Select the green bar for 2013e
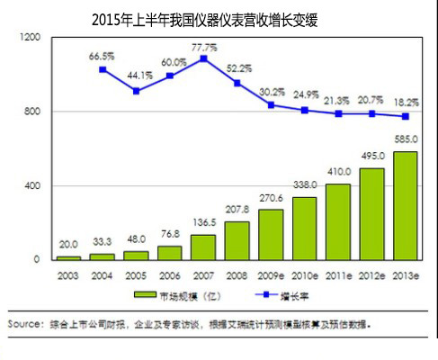click(406, 205)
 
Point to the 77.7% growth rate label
click(204, 46)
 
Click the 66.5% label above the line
click(102, 57)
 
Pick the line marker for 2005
click(137, 91)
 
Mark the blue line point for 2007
click(204, 58)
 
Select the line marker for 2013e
click(406, 116)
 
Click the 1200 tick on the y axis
click(30, 38)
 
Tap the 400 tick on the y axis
click(32, 185)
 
